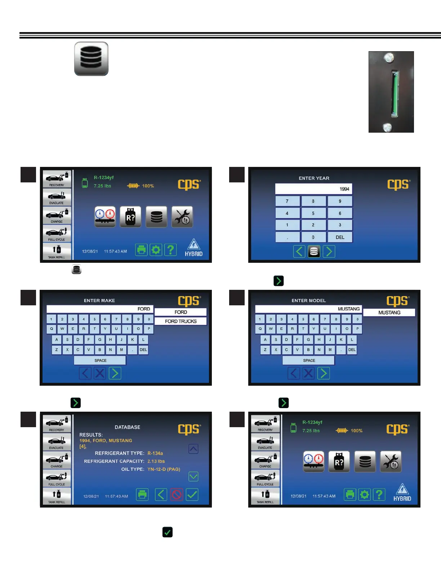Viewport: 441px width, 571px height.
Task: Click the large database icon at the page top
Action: point(91,59)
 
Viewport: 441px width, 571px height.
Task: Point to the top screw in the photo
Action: point(388,57)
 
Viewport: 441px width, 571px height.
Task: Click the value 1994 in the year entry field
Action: point(344,189)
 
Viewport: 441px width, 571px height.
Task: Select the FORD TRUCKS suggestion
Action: point(181,321)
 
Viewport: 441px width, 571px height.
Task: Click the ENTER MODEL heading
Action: point(308,300)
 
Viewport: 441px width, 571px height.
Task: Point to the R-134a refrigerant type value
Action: point(155,453)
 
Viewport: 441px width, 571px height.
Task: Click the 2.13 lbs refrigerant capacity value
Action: point(156,461)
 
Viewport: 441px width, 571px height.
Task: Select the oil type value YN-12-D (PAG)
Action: point(164,469)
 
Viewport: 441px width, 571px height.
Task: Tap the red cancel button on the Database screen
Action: point(177,495)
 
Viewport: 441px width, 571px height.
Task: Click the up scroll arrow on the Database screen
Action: point(193,449)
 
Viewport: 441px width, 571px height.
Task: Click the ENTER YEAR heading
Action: point(314,178)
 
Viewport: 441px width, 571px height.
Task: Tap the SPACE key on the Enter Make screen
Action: point(100,360)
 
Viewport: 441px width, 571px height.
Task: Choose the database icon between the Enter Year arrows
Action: point(314,251)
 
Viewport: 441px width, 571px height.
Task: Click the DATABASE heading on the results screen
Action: point(127,427)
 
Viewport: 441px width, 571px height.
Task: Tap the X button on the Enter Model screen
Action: point(308,373)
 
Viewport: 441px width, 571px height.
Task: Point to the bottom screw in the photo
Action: point(387,127)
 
